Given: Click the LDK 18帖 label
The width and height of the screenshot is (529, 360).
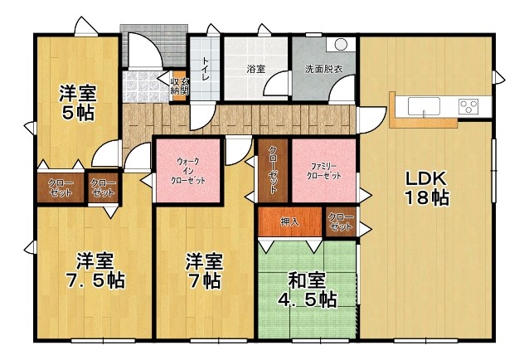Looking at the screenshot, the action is [426, 188].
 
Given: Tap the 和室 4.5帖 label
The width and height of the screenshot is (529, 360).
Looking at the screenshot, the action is [308, 289].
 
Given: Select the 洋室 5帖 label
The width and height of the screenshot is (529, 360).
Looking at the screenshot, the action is [78, 103].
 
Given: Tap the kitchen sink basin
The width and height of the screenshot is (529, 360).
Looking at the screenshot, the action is [424, 107].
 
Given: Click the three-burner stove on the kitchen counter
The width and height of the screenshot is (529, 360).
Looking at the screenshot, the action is [468, 106].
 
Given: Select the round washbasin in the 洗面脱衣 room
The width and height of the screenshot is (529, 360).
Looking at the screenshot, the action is [341, 44].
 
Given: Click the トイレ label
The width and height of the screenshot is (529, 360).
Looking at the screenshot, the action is [205, 69].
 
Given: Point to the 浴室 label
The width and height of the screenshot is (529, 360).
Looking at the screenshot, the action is [255, 70].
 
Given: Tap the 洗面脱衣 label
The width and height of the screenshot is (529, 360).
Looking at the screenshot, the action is [323, 70].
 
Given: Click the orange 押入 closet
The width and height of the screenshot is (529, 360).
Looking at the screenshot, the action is [290, 221].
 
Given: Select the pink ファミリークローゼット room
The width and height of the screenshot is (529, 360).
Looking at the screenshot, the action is [323, 171].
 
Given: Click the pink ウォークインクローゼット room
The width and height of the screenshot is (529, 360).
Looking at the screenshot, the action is [188, 171].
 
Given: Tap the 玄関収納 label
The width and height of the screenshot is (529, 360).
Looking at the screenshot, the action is [180, 86].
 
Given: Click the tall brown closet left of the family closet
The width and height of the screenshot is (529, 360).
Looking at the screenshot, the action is [273, 171].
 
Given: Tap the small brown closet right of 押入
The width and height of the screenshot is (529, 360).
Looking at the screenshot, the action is [341, 221].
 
